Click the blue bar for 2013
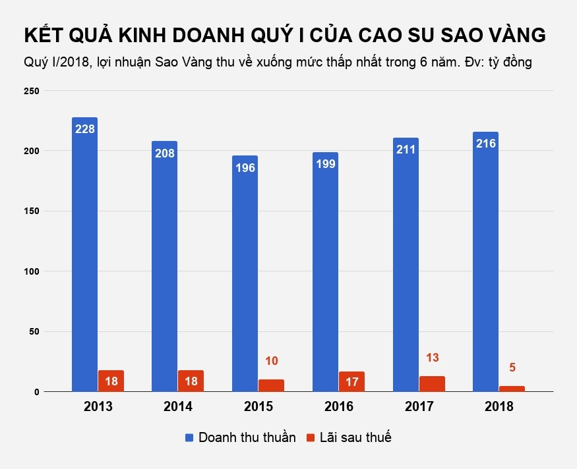(x=84, y=257)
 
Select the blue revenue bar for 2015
(x=245, y=277)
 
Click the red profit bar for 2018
(x=512, y=389)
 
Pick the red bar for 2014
(x=191, y=381)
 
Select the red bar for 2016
(x=351, y=382)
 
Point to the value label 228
(x=84, y=129)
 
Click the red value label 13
(x=433, y=358)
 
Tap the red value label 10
(x=272, y=361)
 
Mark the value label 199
(x=325, y=164)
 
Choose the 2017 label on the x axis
(x=419, y=407)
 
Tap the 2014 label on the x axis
(x=178, y=407)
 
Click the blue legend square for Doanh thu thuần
(x=189, y=437)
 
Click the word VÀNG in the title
(x=510, y=36)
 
